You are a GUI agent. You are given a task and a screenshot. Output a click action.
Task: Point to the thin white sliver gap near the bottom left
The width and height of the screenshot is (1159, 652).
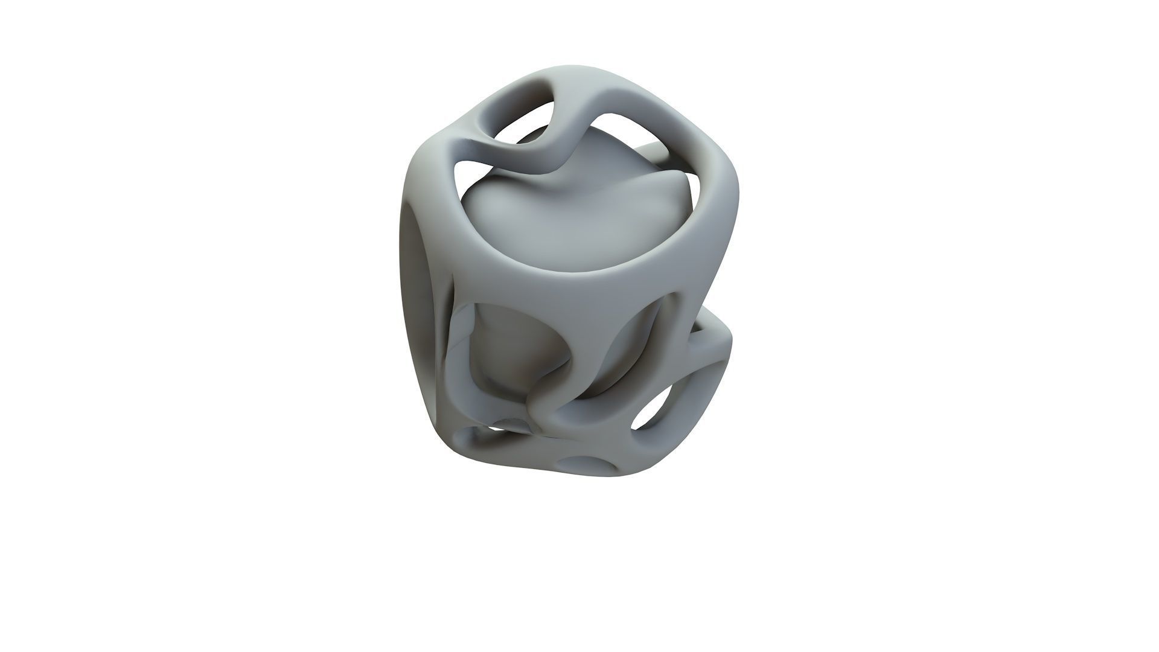pyautogui.click(x=483, y=430)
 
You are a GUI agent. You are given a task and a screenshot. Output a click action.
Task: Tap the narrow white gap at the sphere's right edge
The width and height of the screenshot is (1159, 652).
pyautogui.click(x=694, y=199)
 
